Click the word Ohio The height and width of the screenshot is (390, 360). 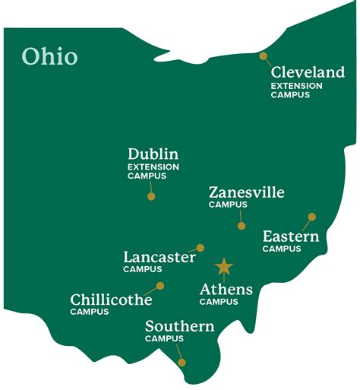coord(49,56)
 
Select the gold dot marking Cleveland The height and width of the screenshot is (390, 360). coord(263,55)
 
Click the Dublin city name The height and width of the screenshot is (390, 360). coord(153,154)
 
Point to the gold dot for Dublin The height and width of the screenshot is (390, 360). coord(151,196)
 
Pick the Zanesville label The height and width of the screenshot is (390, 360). coord(246,192)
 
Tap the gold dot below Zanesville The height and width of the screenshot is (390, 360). coord(242,226)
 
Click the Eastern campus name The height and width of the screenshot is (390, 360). coord(290,236)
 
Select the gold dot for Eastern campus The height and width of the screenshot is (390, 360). coord(311,217)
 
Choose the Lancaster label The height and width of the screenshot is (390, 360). coord(159,257)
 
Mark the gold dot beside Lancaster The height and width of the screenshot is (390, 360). coord(201,247)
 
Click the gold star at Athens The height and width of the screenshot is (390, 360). coord(223,267)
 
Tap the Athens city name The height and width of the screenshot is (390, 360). coord(226,290)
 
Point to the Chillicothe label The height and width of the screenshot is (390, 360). coord(111,300)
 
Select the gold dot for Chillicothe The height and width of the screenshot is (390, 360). coord(160,286)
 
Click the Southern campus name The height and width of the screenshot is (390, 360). coord(179,327)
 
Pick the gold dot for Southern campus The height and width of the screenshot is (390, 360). coord(182,362)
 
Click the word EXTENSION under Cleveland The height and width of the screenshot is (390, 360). coord(296,86)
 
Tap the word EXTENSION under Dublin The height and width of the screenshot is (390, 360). coord(153,167)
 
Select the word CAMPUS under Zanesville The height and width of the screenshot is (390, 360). coord(228,205)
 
